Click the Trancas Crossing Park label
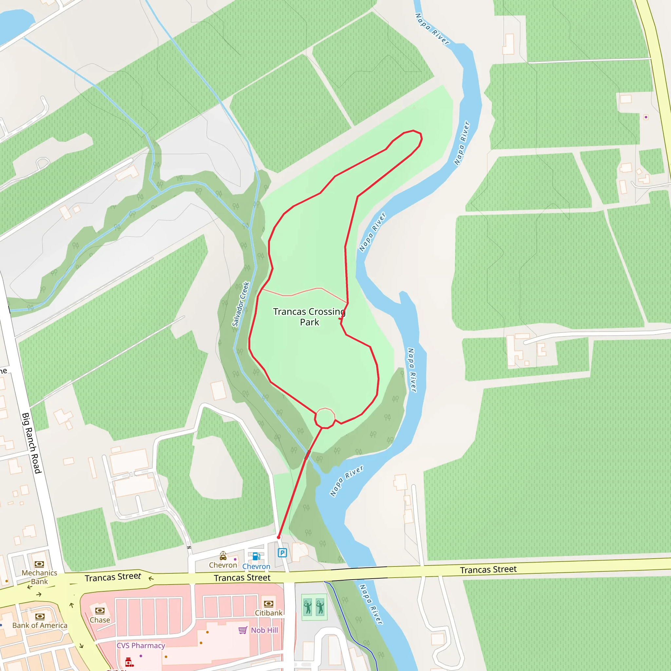(x=309, y=317)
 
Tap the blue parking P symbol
(x=282, y=553)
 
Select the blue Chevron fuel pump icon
(x=256, y=556)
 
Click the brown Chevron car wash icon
(x=223, y=556)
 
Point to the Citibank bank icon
(x=268, y=604)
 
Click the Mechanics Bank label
(x=39, y=577)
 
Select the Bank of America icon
(x=40, y=617)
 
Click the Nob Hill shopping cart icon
(x=243, y=630)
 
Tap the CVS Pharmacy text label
(x=141, y=645)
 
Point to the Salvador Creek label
(x=241, y=304)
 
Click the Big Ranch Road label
(x=32, y=443)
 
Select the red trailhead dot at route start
(x=278, y=537)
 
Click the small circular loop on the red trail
(x=325, y=418)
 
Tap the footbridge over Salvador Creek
(x=307, y=455)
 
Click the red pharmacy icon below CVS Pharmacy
(x=129, y=662)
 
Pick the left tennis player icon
(x=308, y=607)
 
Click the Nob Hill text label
(x=264, y=630)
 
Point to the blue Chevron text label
(x=256, y=566)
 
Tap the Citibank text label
(x=268, y=613)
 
